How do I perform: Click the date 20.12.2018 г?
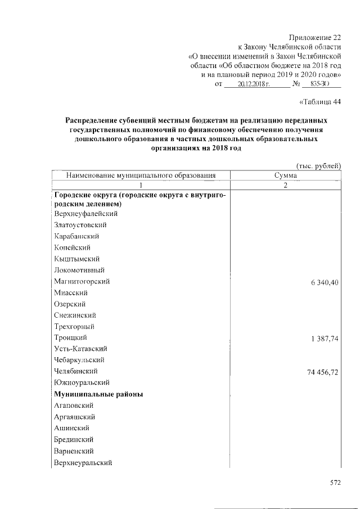[254, 84]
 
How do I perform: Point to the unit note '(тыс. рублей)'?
[318, 165]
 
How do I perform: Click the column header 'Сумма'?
[286, 175]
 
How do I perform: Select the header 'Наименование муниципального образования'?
[141, 175]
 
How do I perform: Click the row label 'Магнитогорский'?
[82, 281]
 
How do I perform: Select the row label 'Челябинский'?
[76, 371]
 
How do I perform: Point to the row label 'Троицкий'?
[70, 337]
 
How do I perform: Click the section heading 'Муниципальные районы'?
[98, 394]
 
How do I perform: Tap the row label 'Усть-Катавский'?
[80, 349]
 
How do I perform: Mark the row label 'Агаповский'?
[74, 406]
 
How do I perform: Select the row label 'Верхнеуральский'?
[83, 462]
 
